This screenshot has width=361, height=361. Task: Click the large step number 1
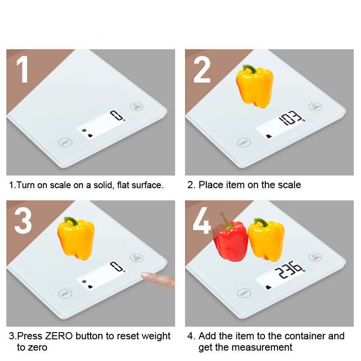coord(23,69)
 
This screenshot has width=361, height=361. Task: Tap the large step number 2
coord(202,69)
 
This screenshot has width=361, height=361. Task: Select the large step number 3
coord(23,221)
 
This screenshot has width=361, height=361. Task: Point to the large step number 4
coord(202,221)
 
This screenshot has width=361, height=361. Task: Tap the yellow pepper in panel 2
coord(255,87)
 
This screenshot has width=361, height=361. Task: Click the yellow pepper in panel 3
coord(76,239)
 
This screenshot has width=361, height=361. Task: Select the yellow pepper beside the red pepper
coord(266,240)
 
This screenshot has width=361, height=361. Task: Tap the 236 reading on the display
coord(289,269)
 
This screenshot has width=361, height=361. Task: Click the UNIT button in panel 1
coord(65,143)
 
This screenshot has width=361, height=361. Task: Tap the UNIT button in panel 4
coord(244,293)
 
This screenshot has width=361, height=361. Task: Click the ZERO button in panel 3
coord(137,258)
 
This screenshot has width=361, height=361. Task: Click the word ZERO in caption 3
coord(59,336)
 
